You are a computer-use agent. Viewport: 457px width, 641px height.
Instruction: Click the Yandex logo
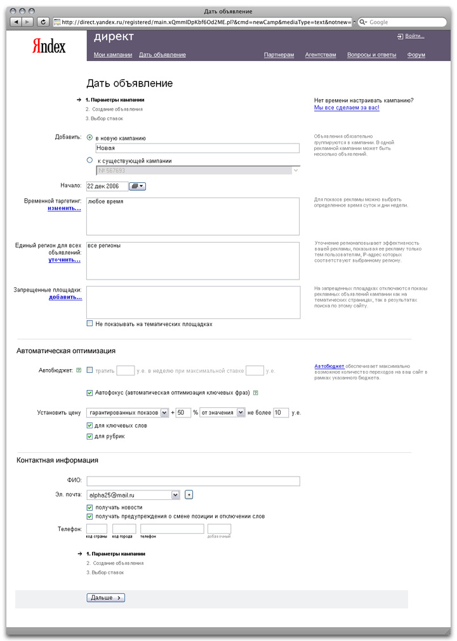(49, 46)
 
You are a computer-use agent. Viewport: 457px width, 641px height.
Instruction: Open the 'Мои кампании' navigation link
(113, 55)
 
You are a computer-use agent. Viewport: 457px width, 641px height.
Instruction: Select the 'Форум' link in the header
(416, 55)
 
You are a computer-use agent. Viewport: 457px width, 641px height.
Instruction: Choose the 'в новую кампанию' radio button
(89, 137)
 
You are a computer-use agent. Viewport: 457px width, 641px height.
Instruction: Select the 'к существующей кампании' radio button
(89, 161)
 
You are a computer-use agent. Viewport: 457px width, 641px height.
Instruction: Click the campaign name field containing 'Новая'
(197, 148)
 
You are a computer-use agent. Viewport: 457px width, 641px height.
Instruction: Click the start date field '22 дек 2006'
(107, 186)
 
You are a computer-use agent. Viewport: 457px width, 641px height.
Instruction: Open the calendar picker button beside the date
(137, 186)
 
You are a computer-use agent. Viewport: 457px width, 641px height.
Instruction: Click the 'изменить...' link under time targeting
(64, 208)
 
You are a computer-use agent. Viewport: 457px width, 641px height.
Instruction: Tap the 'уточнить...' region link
(65, 260)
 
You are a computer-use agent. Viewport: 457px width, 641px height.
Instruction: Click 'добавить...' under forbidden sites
(65, 297)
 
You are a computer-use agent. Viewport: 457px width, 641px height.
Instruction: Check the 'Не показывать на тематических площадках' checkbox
(89, 324)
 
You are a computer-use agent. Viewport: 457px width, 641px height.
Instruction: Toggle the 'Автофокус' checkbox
(89, 392)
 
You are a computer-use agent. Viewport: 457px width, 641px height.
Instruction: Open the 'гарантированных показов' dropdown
(128, 413)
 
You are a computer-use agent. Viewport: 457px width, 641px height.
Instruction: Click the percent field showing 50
(183, 413)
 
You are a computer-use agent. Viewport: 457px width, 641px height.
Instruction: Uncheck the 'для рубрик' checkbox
(89, 436)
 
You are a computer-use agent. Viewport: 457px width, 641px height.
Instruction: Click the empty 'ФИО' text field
(193, 481)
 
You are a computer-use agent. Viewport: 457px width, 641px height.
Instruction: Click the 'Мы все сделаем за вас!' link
(347, 108)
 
